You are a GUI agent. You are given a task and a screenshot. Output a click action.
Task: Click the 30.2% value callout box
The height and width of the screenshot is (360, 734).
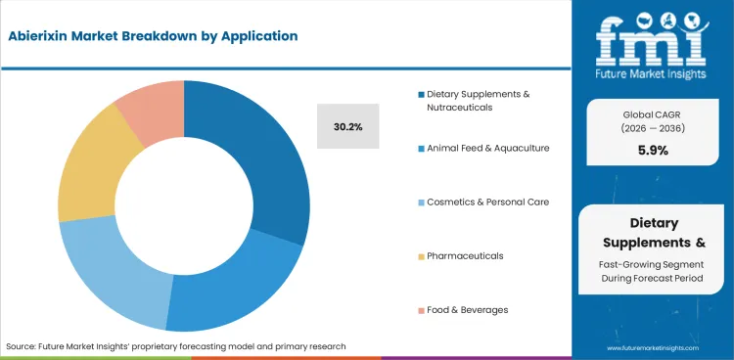[x=347, y=125]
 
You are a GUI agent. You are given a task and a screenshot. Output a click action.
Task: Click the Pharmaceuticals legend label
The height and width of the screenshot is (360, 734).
[x=465, y=255]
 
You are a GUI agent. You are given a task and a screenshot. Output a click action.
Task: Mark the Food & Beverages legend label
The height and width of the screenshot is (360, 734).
[x=467, y=309]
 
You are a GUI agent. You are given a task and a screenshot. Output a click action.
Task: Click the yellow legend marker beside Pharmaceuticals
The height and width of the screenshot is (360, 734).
[x=421, y=256]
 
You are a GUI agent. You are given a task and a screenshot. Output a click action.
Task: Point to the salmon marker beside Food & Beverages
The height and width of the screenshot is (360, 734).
[x=421, y=310]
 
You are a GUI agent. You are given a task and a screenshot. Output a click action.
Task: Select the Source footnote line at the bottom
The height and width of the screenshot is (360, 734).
[x=176, y=346]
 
